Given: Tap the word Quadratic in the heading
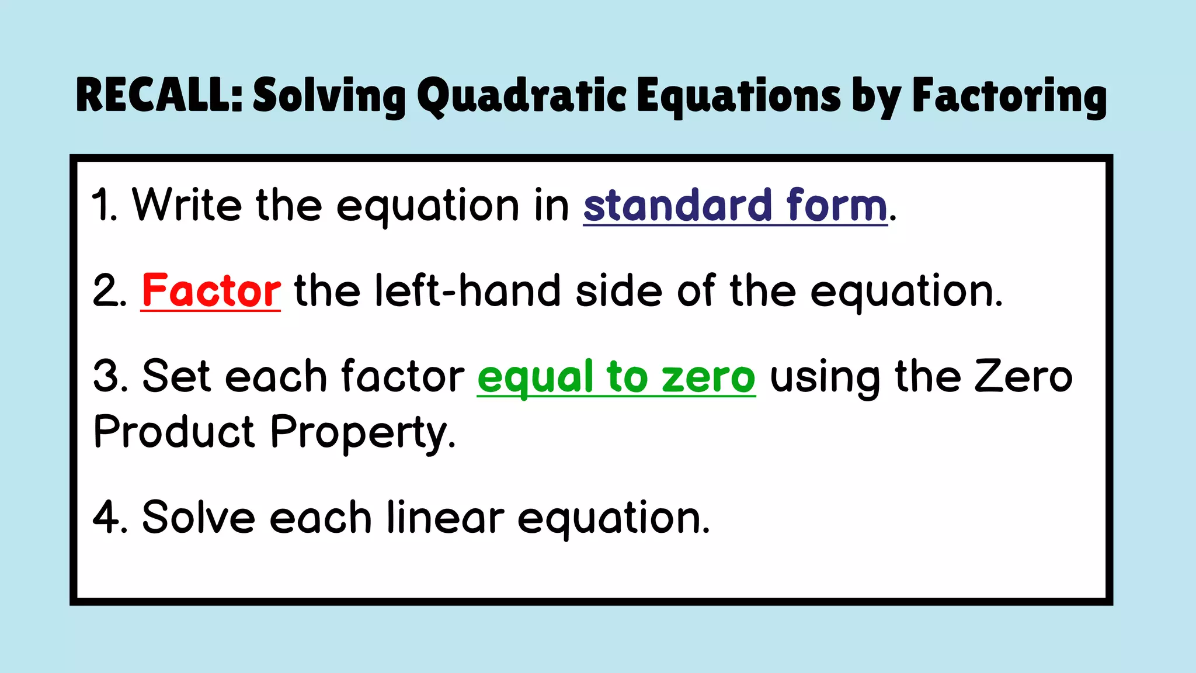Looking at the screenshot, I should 522,96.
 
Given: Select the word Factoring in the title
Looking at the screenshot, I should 1009,96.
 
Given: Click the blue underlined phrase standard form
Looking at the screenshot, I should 735,206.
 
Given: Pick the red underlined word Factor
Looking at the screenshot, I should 211,290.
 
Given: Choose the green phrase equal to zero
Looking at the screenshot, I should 616,377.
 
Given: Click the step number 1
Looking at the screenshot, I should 103,206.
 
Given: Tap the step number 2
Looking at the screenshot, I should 108,291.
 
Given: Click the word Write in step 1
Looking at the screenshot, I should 187,205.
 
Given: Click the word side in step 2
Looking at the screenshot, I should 619,290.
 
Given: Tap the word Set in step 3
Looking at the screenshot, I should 176,376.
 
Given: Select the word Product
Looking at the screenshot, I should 174,432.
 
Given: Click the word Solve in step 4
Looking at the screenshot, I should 199,518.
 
